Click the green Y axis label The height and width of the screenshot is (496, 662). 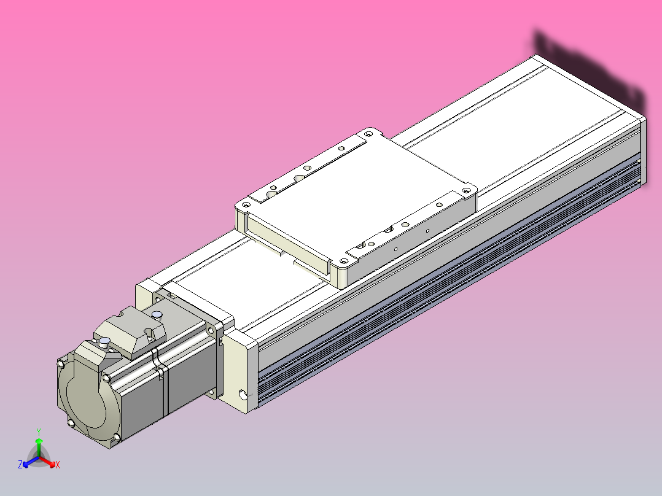(39, 432)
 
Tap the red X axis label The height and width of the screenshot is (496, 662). (58, 465)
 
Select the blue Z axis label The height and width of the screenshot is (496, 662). (20, 465)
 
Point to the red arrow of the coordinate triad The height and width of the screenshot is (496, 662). (49, 461)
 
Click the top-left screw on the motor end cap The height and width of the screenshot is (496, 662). (61, 363)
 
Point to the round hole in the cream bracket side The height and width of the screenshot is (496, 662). (246, 393)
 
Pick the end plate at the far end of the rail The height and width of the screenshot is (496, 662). (643, 150)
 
